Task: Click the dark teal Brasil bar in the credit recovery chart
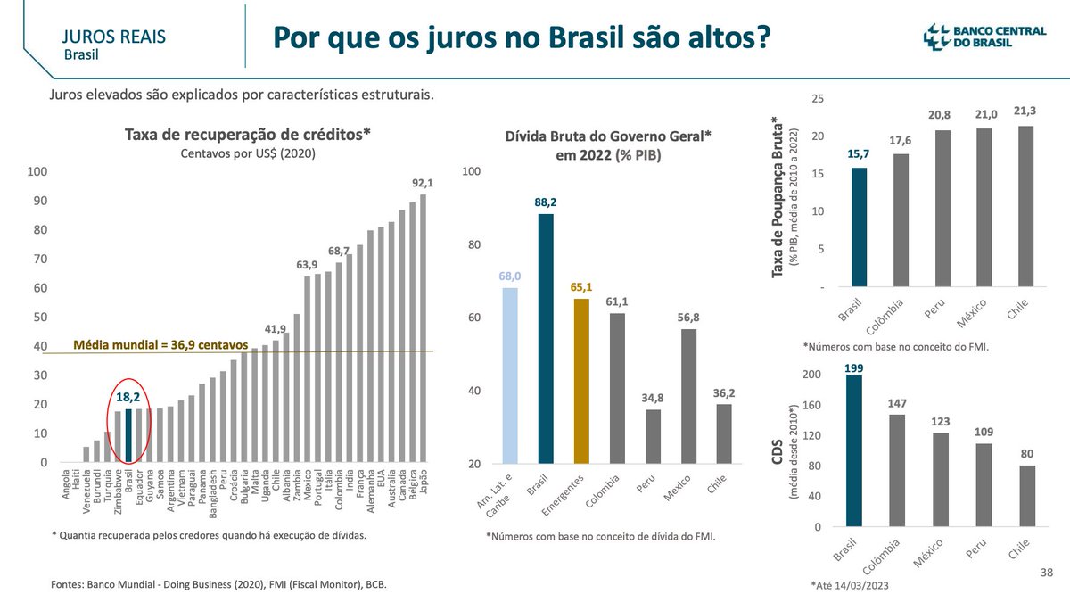click(x=128, y=436)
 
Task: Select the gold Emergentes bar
click(x=580, y=382)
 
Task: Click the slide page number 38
click(x=1048, y=571)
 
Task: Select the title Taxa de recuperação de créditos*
click(x=246, y=135)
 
